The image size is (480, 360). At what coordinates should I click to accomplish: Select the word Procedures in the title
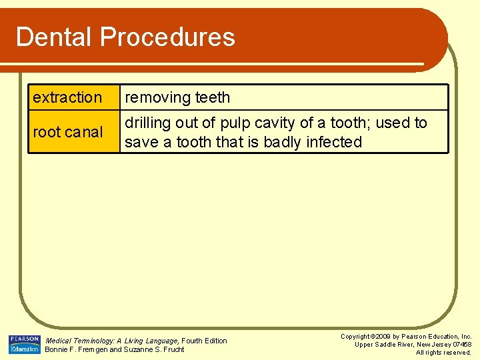coord(168,37)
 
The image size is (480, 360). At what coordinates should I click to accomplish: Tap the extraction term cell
coord(73,97)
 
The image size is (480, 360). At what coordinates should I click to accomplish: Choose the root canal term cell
coord(73,132)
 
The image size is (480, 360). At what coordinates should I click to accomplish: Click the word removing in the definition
coord(158,97)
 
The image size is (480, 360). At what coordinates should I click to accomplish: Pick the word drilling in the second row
coord(148,123)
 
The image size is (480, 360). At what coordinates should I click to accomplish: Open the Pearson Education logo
coord(25,344)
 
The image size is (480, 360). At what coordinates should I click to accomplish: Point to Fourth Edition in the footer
coord(205,341)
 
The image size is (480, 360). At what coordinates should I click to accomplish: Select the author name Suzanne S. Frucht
coord(154,349)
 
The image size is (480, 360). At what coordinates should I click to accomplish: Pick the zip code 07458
coord(461,345)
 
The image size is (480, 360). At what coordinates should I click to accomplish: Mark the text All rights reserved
coord(443,353)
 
